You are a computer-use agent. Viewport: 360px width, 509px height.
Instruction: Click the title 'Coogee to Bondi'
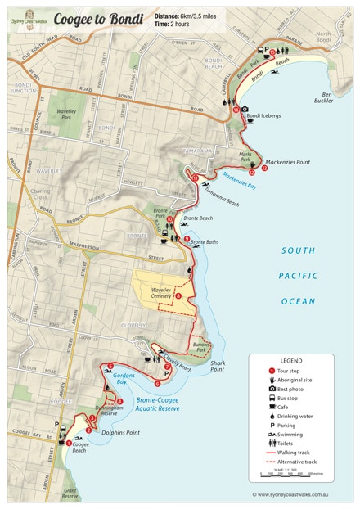97,18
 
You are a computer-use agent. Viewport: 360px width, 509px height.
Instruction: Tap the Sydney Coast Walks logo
29,17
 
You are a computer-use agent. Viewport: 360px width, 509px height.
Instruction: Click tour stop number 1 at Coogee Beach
69,443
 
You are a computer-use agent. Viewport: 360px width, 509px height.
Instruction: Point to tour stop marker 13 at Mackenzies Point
264,169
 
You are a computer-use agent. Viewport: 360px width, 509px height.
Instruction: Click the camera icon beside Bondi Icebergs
244,109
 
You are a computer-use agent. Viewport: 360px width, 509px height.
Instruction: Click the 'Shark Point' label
217,366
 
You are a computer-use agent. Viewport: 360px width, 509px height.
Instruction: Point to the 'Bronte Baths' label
204,242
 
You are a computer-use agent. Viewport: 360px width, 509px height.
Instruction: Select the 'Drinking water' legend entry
296,416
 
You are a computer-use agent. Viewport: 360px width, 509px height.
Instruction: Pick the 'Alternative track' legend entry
302,460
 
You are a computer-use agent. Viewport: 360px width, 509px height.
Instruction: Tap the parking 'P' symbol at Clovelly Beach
167,374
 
